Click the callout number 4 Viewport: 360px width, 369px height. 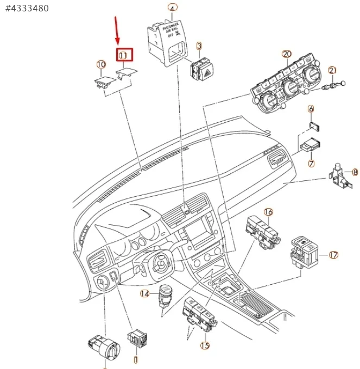(172, 8)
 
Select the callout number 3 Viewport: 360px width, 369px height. (199, 47)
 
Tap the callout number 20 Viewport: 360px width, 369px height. (287, 54)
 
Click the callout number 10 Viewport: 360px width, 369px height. (102, 64)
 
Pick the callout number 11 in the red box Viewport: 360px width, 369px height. (123, 55)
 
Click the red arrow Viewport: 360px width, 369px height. (116, 30)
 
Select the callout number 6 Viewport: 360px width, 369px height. (311, 109)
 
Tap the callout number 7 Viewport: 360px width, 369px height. (311, 163)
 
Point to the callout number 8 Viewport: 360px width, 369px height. (355, 172)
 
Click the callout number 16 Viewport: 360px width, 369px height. (268, 211)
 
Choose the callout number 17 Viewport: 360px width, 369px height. (333, 254)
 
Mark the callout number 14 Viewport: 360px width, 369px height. (144, 294)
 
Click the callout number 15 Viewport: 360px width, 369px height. (205, 345)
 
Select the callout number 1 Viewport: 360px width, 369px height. (136, 359)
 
